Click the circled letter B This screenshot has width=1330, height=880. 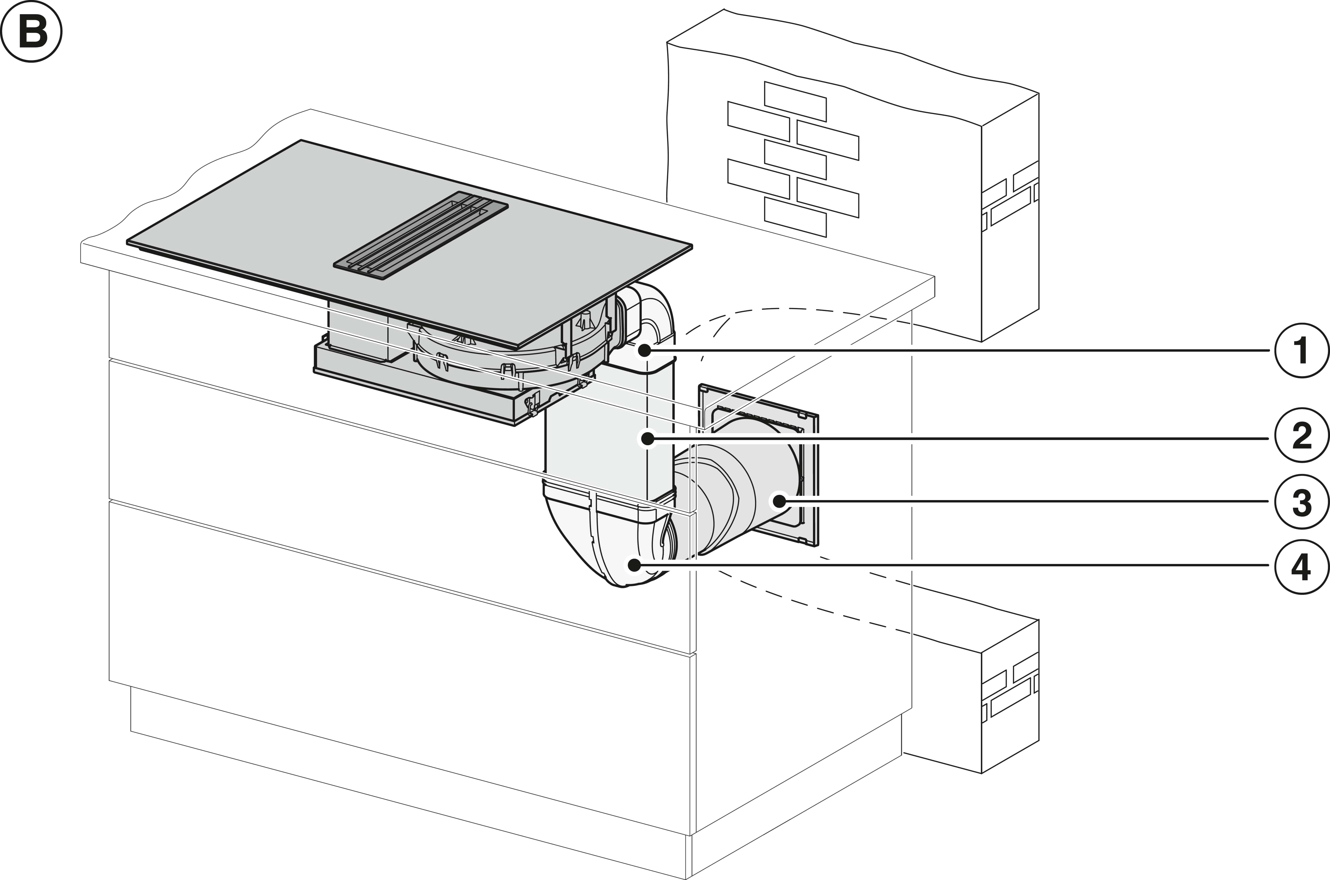pos(31,31)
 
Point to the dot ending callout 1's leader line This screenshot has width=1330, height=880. pos(644,351)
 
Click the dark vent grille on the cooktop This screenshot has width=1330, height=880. pos(421,236)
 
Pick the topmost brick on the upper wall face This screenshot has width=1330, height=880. pos(795,102)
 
